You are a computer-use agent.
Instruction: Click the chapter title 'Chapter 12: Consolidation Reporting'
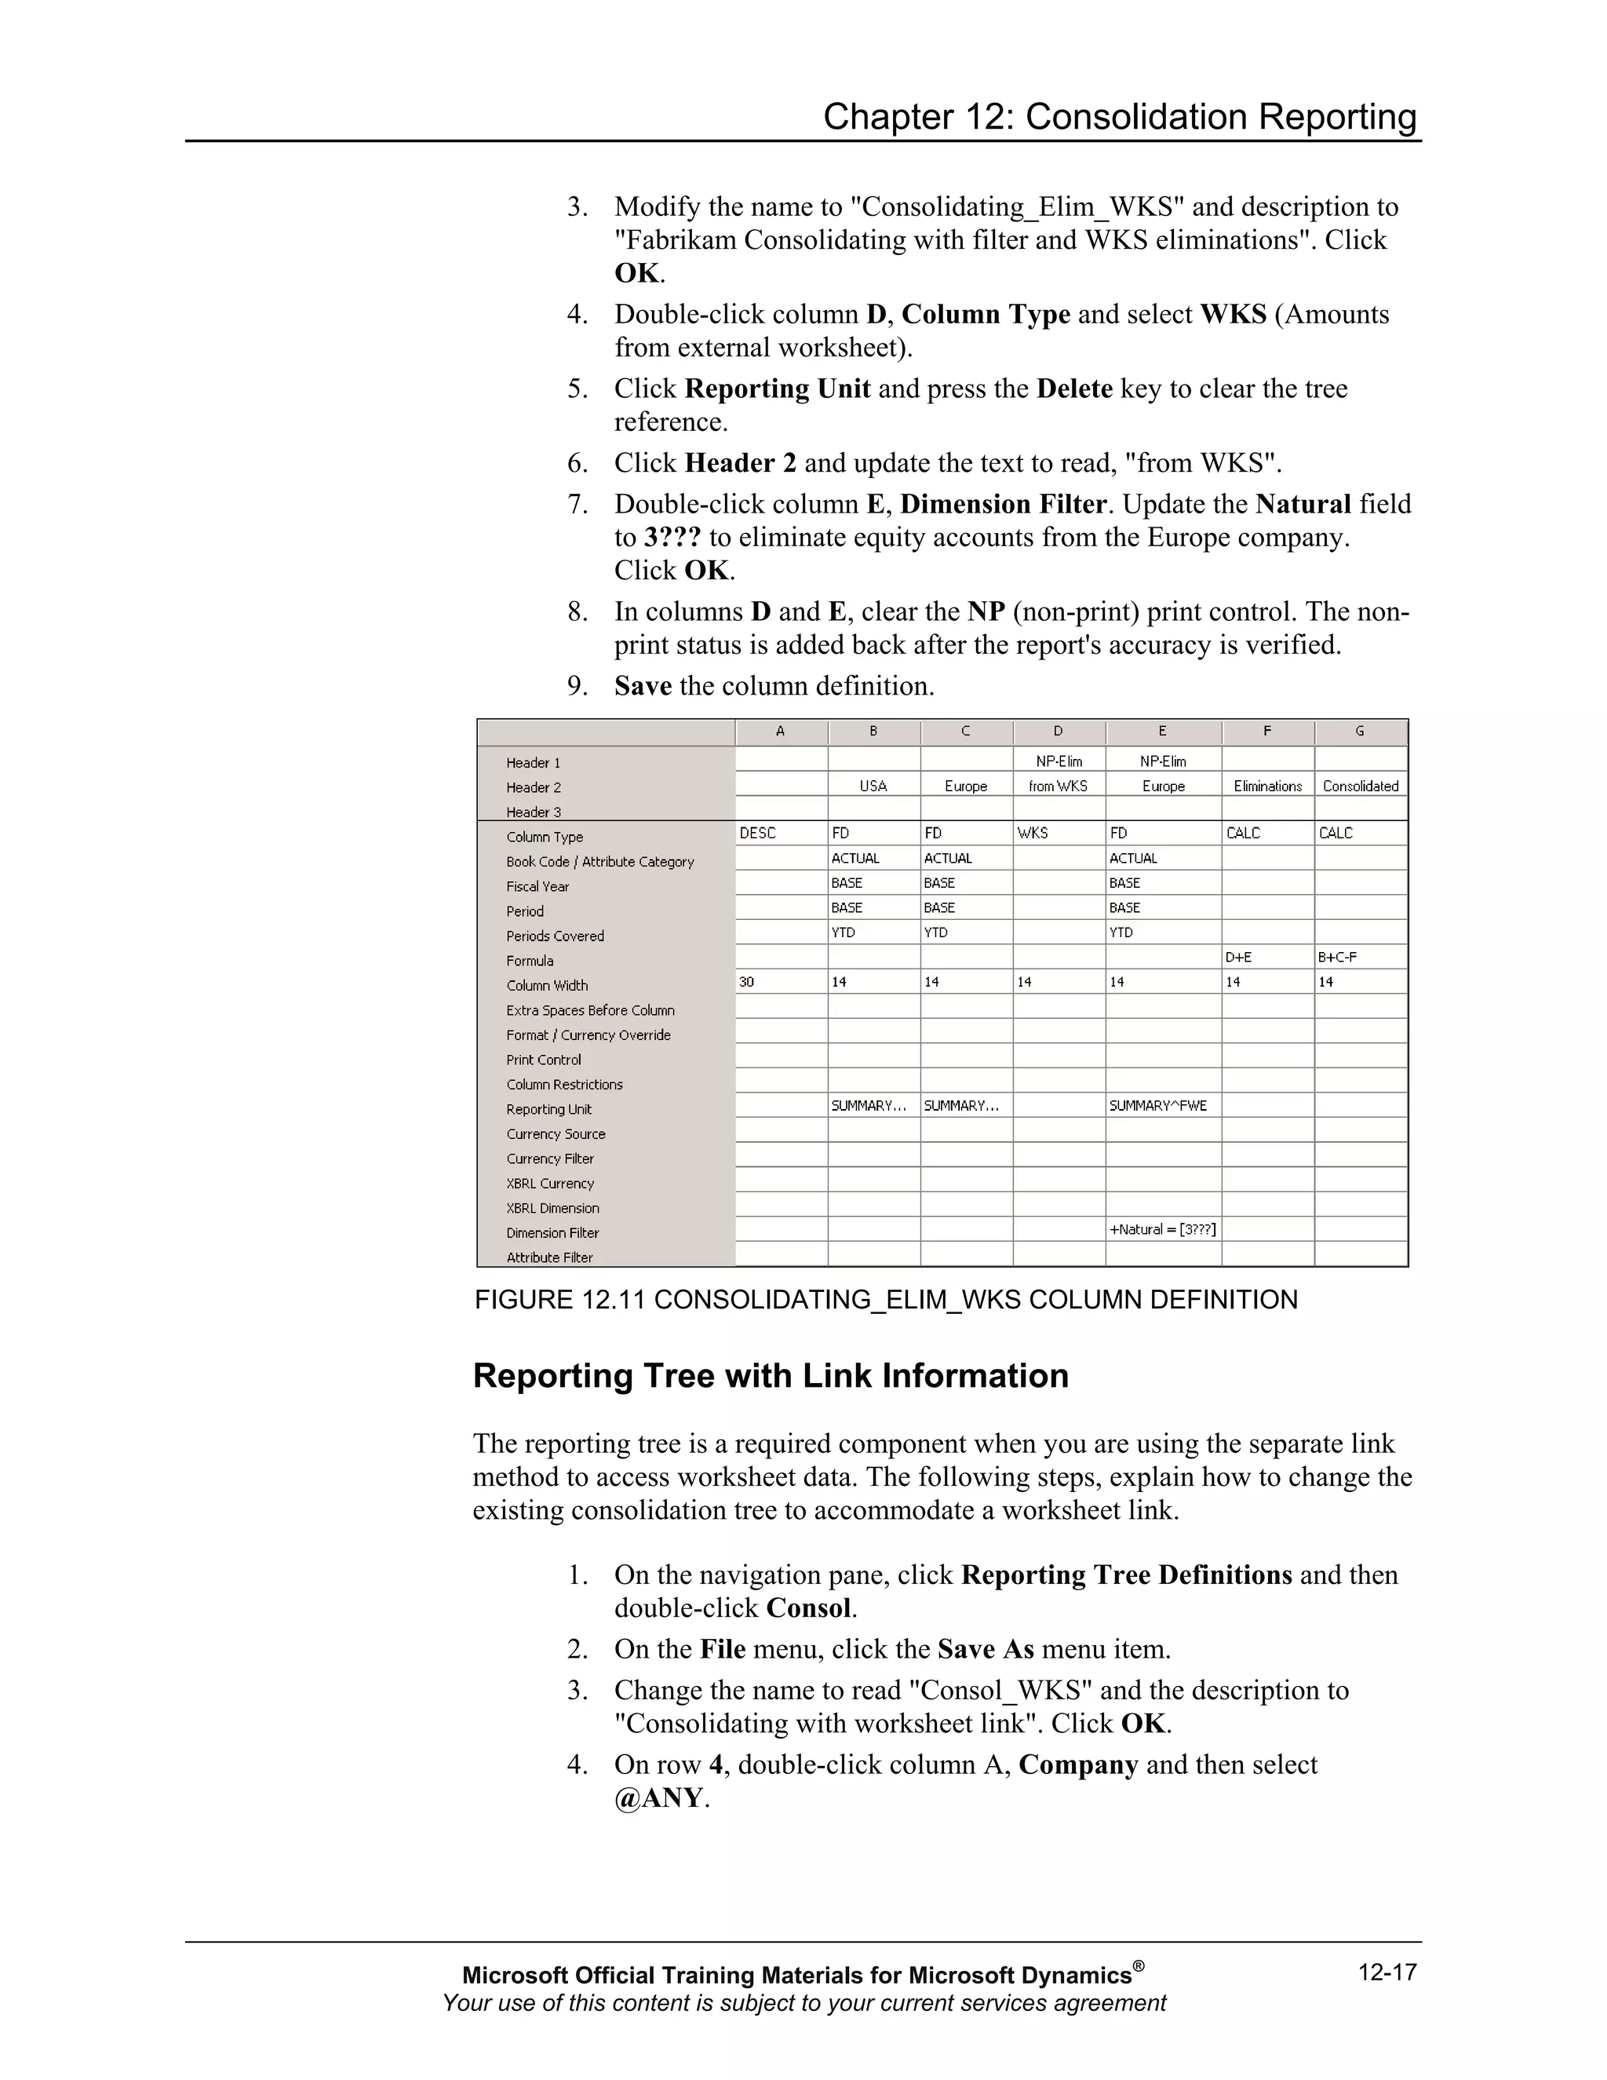coord(1120,117)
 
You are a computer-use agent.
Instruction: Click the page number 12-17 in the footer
coord(1387,1972)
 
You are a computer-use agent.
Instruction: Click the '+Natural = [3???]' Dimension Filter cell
coord(1162,1229)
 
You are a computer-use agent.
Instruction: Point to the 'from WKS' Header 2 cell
coord(1058,786)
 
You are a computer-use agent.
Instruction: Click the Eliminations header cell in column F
coord(1267,786)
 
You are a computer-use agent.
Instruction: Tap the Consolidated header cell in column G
coord(1361,786)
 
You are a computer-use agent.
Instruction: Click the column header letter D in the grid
coord(1058,732)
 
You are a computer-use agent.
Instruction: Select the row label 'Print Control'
coord(544,1060)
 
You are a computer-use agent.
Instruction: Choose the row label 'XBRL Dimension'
coord(552,1209)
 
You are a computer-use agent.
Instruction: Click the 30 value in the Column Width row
coord(746,982)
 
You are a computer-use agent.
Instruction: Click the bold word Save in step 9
coord(643,686)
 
